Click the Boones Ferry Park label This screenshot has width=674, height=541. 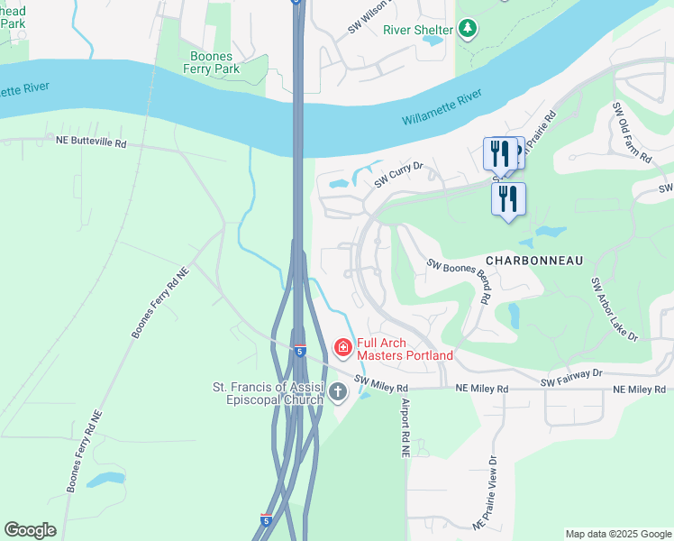211,61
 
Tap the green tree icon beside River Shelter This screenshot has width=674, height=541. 467,29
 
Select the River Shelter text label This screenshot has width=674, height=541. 417,29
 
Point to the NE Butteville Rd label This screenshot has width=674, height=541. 91,142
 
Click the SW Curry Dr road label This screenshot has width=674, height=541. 398,174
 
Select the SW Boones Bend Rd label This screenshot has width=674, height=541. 460,280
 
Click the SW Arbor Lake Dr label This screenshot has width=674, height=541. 614,309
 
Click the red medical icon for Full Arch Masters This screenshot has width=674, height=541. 342,347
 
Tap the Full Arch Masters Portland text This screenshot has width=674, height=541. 405,349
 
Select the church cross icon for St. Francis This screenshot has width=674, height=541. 338,391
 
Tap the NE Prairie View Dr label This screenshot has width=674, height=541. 486,492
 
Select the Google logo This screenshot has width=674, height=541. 30,530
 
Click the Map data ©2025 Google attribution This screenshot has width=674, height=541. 618,534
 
